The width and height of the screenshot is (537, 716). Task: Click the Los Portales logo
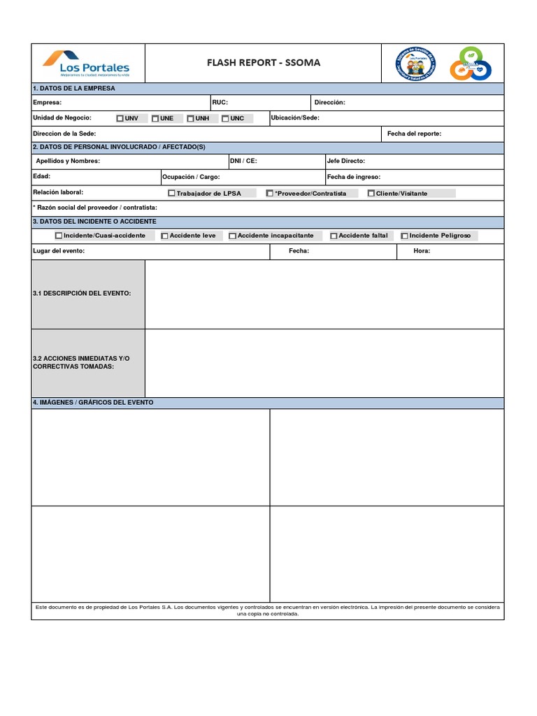(x=86, y=63)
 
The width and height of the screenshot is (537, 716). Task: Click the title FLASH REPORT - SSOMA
(x=264, y=63)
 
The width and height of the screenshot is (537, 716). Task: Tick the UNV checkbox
(x=120, y=118)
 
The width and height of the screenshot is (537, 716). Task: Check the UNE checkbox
(x=155, y=118)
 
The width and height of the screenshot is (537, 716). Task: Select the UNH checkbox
(x=190, y=118)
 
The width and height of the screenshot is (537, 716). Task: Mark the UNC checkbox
(x=225, y=118)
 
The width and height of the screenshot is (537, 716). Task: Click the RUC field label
(x=220, y=103)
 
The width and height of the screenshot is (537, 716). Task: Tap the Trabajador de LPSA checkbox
(x=172, y=194)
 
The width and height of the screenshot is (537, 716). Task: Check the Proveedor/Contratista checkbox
(x=270, y=194)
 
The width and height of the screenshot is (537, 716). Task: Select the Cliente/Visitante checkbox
(x=371, y=194)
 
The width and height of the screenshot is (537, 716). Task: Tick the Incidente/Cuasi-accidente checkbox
(x=59, y=236)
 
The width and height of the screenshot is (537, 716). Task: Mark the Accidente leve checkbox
(x=164, y=236)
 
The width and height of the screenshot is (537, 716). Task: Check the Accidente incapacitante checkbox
(x=233, y=236)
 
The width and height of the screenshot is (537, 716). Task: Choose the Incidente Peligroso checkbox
(x=404, y=236)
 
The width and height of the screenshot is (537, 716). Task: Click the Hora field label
(x=421, y=251)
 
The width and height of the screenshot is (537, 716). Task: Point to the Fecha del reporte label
(x=414, y=134)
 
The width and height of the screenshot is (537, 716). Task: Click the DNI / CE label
(x=243, y=162)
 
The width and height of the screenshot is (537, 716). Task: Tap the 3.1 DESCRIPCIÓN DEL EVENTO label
(x=81, y=294)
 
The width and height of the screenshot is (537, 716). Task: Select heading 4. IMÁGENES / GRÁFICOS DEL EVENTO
(x=93, y=403)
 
